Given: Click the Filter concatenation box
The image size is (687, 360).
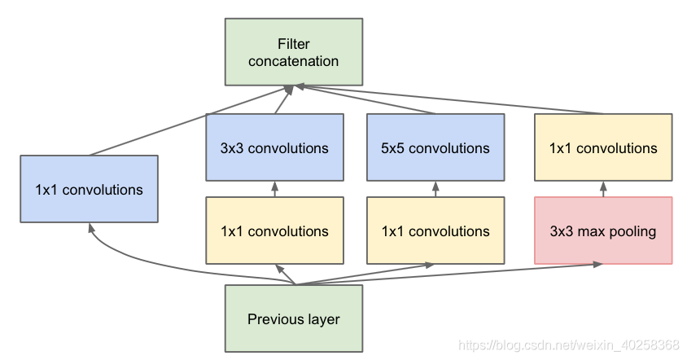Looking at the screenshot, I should (x=293, y=52).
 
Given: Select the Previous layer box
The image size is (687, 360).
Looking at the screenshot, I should (x=293, y=318).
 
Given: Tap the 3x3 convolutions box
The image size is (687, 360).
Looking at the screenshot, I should (x=274, y=147).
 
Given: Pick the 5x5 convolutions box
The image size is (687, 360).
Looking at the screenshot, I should (x=435, y=147).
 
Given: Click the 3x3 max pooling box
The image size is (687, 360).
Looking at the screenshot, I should (x=603, y=230).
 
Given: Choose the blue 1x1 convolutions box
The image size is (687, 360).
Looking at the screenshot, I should (x=89, y=190).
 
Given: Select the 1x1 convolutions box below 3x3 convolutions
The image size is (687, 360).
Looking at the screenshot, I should (x=274, y=230).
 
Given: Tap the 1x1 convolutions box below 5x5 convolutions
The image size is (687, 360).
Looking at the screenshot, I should (x=435, y=230).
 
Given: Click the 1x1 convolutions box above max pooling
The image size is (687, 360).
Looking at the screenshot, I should (x=603, y=147).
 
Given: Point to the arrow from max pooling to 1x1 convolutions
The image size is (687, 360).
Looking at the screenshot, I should (x=603, y=189).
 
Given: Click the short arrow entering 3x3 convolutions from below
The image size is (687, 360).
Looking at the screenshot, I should (x=274, y=189).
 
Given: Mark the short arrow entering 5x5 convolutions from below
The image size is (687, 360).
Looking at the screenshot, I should (x=435, y=189).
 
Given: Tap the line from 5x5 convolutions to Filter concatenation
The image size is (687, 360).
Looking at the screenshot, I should (x=366, y=100).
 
